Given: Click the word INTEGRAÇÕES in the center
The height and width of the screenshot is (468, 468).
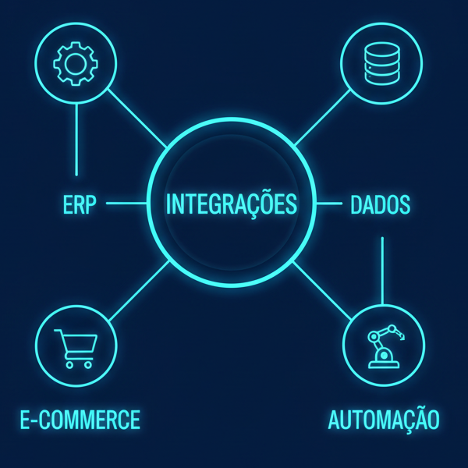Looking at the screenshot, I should pos(232,204).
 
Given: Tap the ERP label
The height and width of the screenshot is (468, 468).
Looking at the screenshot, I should pos(78,205).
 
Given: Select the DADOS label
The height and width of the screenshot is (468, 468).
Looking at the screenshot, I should pos(381,205).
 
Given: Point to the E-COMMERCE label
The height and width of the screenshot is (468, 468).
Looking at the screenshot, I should pos(80,420).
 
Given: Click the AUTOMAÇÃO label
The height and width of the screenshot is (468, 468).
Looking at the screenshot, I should pos(384,420).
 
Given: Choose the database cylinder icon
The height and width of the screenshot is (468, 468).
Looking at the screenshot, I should pos(383,62).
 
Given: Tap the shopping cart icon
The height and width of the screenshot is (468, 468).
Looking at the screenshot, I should pos(76,348).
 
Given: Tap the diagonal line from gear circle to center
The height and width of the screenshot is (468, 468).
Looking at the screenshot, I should pos(136,118).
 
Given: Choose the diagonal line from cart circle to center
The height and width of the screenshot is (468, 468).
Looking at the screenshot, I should pos(139,291).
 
